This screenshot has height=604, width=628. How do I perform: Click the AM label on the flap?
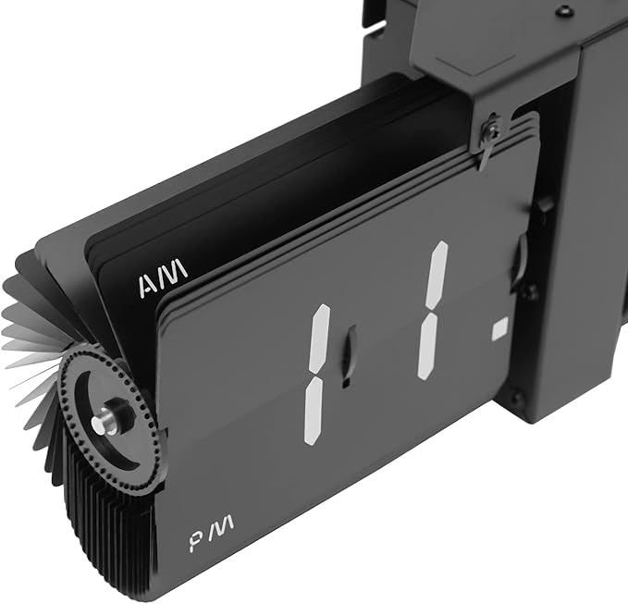[x=163, y=278]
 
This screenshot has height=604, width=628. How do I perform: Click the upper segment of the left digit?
[x=320, y=339]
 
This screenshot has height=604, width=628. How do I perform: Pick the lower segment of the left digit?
[x=314, y=411]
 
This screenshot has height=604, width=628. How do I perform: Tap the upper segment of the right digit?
[x=437, y=277]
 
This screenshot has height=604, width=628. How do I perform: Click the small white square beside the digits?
[x=499, y=328]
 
